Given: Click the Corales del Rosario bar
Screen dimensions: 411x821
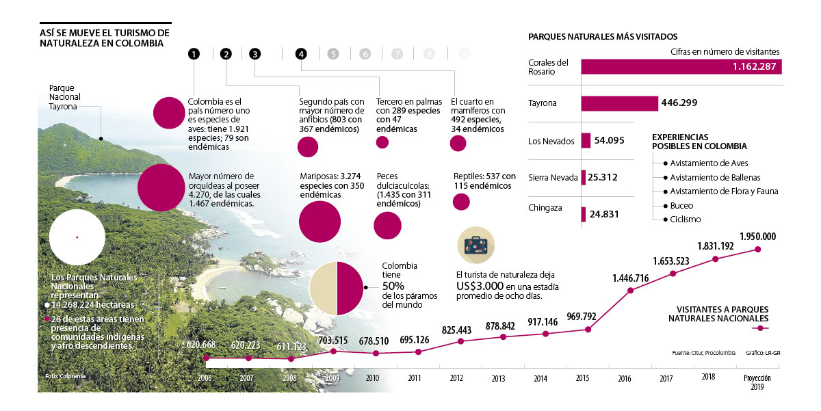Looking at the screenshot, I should click(681, 66).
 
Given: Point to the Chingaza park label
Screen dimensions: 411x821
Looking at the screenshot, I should click(546, 207).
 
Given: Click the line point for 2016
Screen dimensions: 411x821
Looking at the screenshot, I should click(630, 291).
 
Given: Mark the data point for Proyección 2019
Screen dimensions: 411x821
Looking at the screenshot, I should click(757, 249).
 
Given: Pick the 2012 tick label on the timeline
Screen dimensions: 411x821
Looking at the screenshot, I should click(456, 377).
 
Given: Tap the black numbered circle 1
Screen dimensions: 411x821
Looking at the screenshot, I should click(194, 54).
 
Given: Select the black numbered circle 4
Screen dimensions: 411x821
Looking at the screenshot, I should click(301, 54).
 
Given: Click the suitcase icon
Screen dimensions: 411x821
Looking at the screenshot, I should click(475, 246).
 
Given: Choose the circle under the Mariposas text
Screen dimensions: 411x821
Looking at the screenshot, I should click(320, 220).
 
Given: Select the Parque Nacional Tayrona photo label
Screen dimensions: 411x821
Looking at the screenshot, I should click(66, 97).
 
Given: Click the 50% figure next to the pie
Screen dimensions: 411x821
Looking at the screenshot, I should click(393, 285).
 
